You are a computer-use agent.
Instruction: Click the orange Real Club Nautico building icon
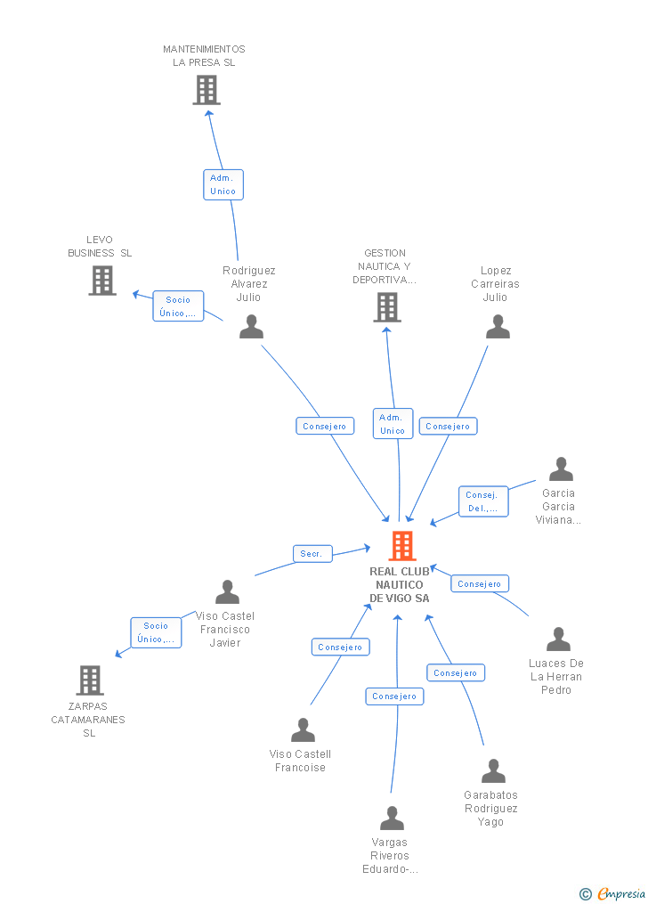point(402,545)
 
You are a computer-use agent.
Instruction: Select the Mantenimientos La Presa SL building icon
point(207,90)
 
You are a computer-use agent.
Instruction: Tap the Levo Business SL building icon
point(102,281)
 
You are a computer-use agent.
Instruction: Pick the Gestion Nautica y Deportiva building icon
point(387,307)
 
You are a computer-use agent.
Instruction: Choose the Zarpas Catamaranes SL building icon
point(90,680)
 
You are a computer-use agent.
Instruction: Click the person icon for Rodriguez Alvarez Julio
point(252,327)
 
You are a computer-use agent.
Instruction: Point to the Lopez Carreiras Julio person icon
point(498,327)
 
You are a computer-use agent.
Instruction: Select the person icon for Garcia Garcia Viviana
point(561,469)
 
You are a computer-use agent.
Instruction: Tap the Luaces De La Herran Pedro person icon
point(558,639)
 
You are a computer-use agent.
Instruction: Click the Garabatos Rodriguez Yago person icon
point(493,771)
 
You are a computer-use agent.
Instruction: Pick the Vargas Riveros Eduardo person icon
point(392,818)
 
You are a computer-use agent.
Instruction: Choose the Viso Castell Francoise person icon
point(303,730)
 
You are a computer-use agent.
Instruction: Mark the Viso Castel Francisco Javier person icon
point(228,592)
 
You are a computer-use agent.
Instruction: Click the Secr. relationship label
point(312,554)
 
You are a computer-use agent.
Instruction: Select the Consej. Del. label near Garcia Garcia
point(483,501)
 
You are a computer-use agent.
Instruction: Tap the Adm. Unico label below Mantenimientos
point(223,184)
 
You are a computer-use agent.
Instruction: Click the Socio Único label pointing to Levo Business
point(178,306)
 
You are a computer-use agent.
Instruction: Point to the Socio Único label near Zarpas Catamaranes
point(156,632)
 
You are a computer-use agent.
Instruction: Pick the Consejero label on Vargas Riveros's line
point(394,696)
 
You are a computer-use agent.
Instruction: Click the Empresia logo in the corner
point(613,893)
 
